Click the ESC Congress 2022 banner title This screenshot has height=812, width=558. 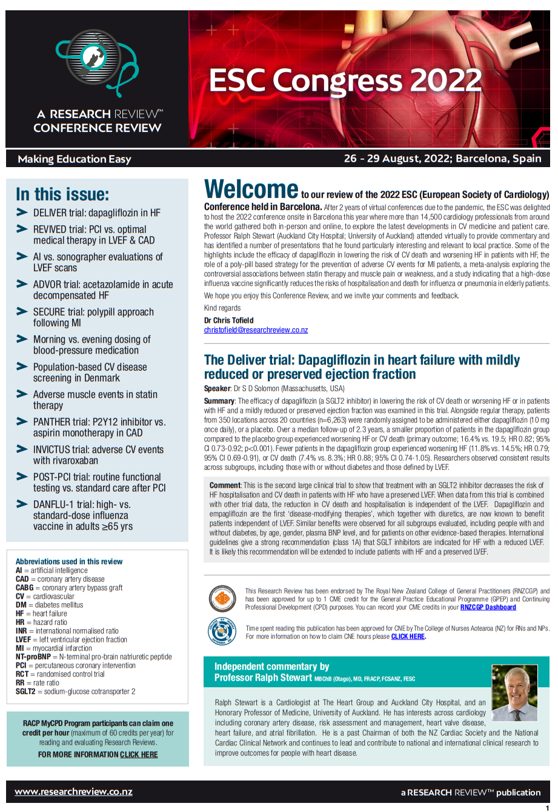(x=345, y=81)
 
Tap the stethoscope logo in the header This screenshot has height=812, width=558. (x=97, y=64)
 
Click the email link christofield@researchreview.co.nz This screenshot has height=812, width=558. (x=256, y=330)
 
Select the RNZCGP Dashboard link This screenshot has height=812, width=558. (x=488, y=607)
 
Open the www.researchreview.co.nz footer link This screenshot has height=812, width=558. (x=73, y=791)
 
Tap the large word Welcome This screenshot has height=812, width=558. (x=251, y=190)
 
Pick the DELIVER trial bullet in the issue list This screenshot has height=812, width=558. (x=97, y=213)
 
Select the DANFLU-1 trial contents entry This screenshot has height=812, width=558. (x=82, y=515)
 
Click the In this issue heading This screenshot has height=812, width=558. (x=62, y=194)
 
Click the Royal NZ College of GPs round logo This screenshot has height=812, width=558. (x=221, y=599)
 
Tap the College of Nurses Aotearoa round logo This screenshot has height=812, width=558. (x=221, y=632)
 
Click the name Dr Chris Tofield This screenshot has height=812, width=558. (x=229, y=320)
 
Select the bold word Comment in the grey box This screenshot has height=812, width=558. (x=225, y=485)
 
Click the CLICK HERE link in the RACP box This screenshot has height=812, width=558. (x=139, y=754)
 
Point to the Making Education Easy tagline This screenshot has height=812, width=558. (x=75, y=159)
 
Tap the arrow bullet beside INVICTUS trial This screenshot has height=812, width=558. (x=22, y=449)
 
